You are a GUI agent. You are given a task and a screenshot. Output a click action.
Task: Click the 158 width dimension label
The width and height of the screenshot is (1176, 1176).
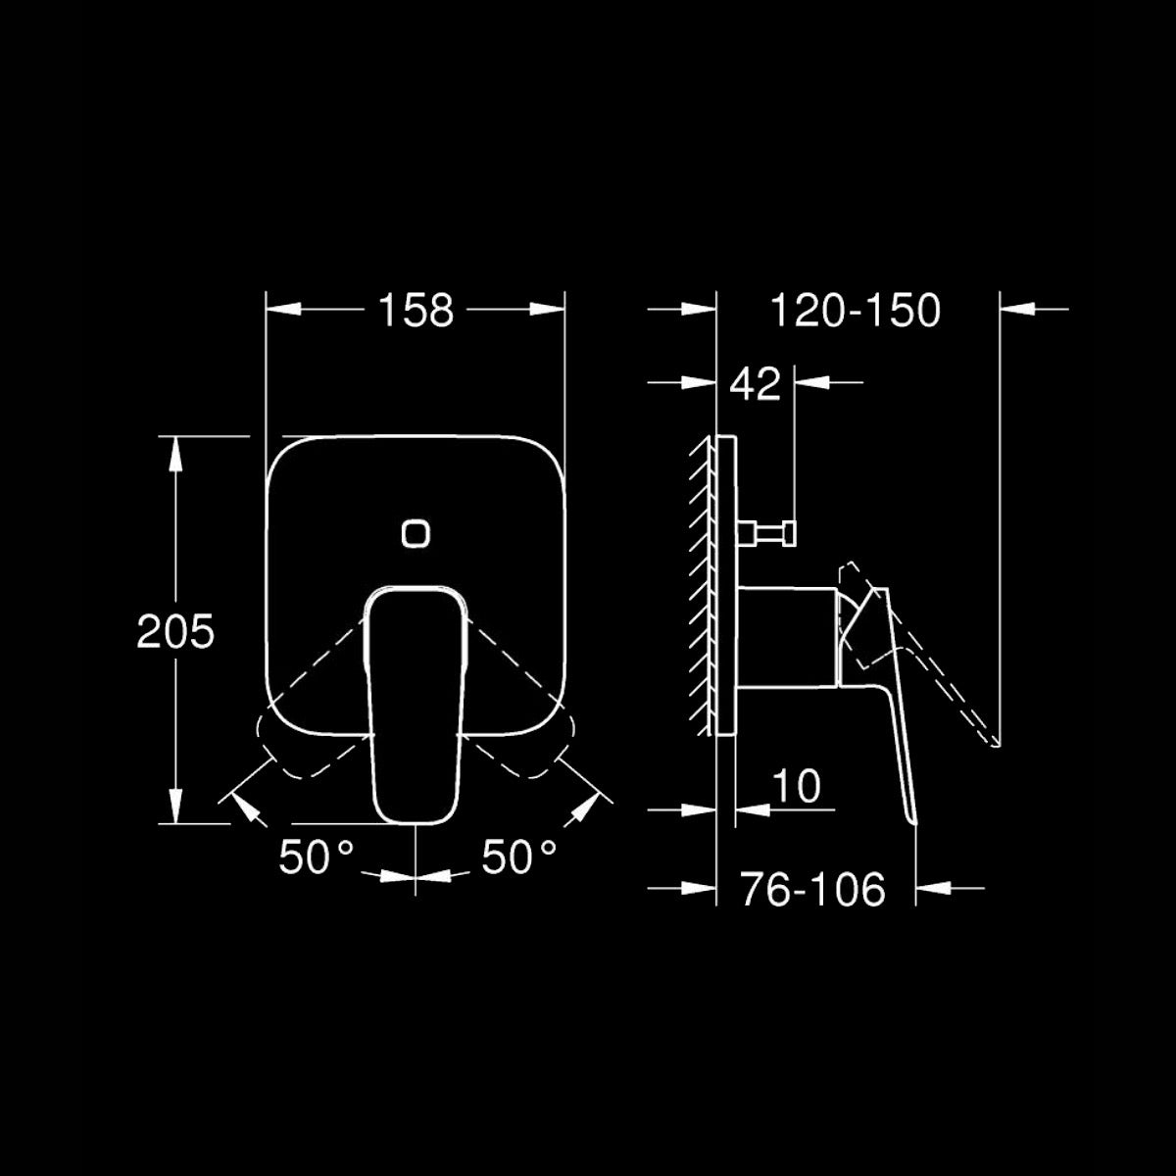(416, 310)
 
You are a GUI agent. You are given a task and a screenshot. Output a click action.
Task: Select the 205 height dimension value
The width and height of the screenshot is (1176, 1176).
(175, 632)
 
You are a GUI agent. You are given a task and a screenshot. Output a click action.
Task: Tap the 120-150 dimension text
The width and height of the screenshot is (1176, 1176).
(855, 310)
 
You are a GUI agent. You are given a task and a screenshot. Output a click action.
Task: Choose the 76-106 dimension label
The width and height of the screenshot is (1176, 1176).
(812, 889)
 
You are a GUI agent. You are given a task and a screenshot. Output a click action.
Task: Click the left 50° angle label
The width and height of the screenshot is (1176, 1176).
(316, 857)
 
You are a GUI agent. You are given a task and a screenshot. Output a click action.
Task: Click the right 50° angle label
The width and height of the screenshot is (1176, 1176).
(518, 857)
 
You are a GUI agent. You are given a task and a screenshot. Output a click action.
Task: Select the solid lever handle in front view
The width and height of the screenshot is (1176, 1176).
(416, 706)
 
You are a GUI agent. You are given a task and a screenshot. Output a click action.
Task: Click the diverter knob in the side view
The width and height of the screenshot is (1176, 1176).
(774, 533)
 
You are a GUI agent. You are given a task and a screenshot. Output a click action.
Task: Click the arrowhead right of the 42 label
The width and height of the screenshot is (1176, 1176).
(812, 382)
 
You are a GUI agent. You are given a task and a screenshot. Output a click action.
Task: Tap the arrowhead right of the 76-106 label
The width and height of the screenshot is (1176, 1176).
(931, 889)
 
